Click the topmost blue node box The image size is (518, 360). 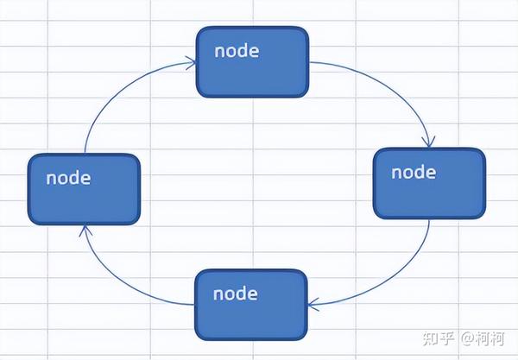(252, 62)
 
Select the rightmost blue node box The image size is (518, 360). (429, 183)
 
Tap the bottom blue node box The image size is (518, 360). (251, 305)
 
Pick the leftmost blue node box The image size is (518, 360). (85, 189)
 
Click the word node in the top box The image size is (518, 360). (237, 51)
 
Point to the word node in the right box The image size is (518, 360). (414, 173)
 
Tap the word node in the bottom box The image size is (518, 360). (235, 294)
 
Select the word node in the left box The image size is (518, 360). (68, 179)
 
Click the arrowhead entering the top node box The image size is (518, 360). (191, 63)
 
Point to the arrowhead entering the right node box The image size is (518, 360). (429, 142)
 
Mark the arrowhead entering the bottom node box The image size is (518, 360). (313, 305)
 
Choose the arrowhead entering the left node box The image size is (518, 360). (85, 231)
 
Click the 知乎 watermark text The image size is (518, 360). (438, 338)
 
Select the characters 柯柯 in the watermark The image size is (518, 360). (490, 338)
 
